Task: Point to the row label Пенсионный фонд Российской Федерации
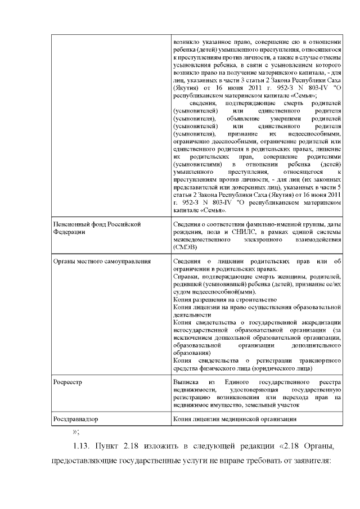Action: click(x=96, y=228)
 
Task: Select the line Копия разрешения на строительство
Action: click(x=217, y=300)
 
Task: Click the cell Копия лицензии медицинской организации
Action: click(x=235, y=419)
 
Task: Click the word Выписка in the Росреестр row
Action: click(x=186, y=382)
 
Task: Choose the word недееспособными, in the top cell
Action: click(x=316, y=134)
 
